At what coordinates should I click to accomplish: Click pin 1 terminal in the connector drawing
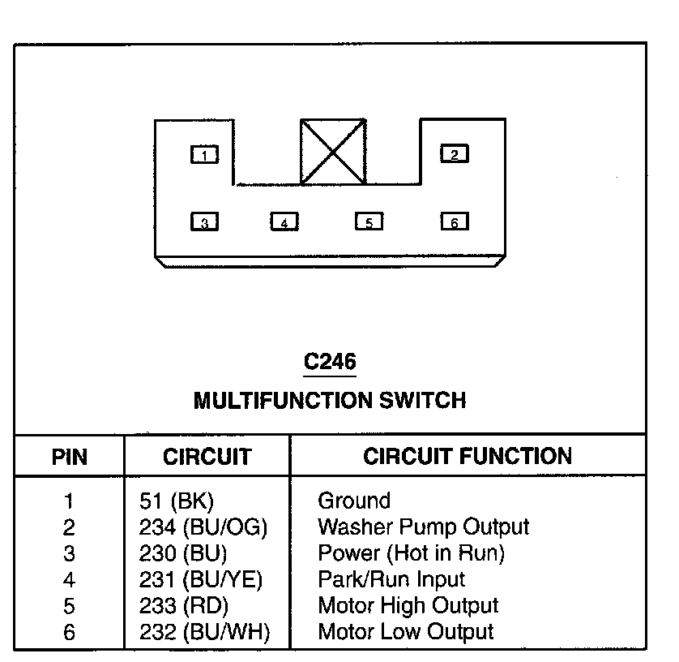[x=204, y=154]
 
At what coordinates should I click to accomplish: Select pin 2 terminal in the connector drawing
[x=454, y=154]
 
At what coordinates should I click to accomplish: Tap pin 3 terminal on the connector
[x=204, y=221]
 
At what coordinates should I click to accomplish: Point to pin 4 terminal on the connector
[x=284, y=221]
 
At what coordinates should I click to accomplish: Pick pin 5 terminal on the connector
[x=369, y=221]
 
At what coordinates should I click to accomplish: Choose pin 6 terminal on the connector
[x=454, y=221]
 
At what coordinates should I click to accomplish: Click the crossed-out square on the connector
[x=331, y=151]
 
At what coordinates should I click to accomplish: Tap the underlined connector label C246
[x=330, y=362]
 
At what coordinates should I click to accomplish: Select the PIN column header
[x=69, y=457]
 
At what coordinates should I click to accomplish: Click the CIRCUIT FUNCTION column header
[x=468, y=456]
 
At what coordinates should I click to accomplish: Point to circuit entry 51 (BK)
[x=177, y=501]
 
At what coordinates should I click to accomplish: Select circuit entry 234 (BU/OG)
[x=203, y=527]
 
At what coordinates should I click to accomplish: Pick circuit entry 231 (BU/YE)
[x=201, y=580]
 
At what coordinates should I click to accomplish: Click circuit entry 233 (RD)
[x=184, y=606]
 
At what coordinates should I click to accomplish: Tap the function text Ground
[x=354, y=501]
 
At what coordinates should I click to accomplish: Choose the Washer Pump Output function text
[x=423, y=527]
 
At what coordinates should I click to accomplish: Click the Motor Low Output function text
[x=405, y=632]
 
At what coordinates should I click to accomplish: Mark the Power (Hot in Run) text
[x=411, y=554]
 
